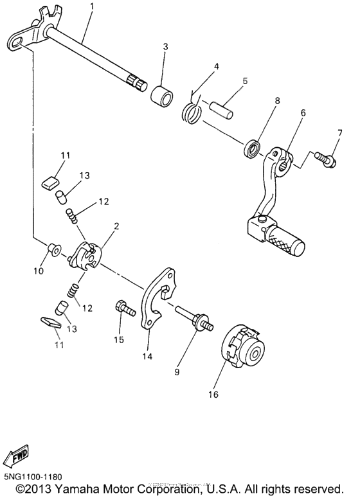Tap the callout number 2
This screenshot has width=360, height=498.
coord(116,226)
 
